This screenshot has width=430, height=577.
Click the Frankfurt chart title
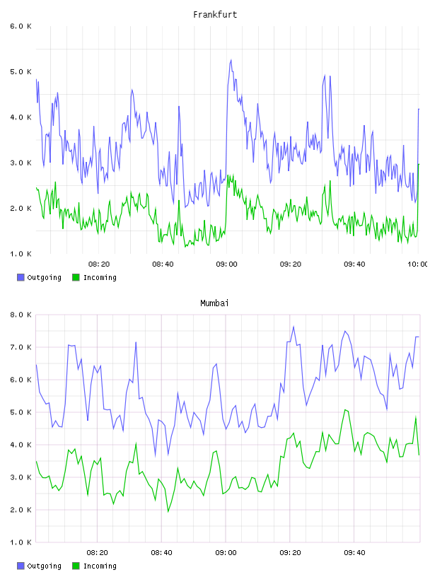click(x=215, y=14)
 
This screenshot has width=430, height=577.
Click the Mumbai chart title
click(x=214, y=303)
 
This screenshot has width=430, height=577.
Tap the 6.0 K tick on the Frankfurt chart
click(x=21, y=26)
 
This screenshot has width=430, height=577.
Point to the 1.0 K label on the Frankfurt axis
click(x=21, y=254)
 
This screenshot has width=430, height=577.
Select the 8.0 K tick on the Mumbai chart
click(x=21, y=315)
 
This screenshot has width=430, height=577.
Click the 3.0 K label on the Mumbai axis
click(x=21, y=477)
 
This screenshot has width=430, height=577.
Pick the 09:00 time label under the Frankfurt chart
click(x=227, y=264)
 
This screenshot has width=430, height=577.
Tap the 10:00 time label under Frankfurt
click(x=418, y=264)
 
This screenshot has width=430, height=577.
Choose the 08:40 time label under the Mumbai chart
click(x=162, y=552)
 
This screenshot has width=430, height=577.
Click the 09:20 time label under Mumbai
click(x=290, y=552)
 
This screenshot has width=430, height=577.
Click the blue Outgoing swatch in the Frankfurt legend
click(x=21, y=277)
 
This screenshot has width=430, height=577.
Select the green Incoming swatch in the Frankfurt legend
click(x=76, y=277)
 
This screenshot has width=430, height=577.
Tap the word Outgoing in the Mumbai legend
click(x=44, y=566)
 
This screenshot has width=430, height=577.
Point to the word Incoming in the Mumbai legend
click(x=100, y=566)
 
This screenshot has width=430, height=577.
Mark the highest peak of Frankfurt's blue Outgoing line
click(x=231, y=60)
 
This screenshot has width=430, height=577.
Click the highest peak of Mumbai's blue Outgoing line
click(x=294, y=327)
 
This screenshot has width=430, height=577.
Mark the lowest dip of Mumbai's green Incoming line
click(x=168, y=511)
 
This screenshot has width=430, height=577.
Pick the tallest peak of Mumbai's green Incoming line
click(x=345, y=409)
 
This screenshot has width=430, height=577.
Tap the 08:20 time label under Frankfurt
click(x=99, y=264)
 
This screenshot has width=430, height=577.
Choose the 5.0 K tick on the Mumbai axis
click(x=21, y=412)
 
